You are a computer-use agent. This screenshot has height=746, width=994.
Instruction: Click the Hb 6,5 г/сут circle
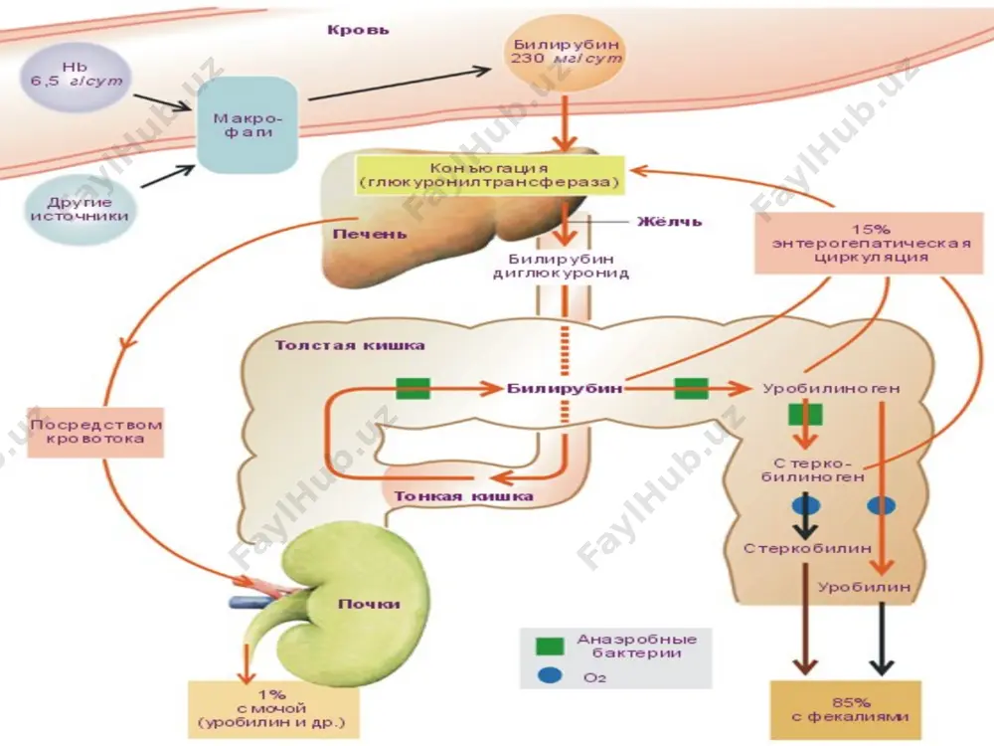tap(77, 77)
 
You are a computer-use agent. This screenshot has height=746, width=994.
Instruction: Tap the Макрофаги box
tap(248, 125)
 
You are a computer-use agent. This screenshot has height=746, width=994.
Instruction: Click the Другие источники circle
tap(80, 209)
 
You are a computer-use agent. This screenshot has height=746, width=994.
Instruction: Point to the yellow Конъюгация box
tap(489, 175)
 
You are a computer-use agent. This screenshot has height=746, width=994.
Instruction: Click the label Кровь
tap(358, 30)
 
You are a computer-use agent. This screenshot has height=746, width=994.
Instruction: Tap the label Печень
tap(370, 234)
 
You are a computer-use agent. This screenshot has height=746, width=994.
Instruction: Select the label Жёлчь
tap(669, 222)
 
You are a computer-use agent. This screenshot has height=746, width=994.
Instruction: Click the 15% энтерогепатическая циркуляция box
tap(869, 243)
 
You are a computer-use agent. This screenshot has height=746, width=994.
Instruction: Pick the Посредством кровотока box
tap(95, 432)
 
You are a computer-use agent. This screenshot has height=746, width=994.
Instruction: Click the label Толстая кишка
tap(349, 346)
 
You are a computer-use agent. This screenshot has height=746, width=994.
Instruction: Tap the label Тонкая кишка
tap(463, 496)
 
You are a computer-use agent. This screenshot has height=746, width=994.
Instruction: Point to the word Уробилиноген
tap(830, 388)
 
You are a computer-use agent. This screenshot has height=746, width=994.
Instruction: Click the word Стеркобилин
tap(807, 548)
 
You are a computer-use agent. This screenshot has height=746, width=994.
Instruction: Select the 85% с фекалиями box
tap(846, 710)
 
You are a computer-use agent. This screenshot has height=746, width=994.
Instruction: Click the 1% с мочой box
tap(271, 709)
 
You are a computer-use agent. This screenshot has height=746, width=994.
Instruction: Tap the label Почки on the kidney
tap(369, 604)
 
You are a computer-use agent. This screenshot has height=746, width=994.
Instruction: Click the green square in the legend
tap(549, 646)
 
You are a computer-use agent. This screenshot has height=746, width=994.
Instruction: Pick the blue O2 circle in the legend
tap(549, 675)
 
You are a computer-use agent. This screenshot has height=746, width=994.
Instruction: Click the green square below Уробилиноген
tap(805, 414)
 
